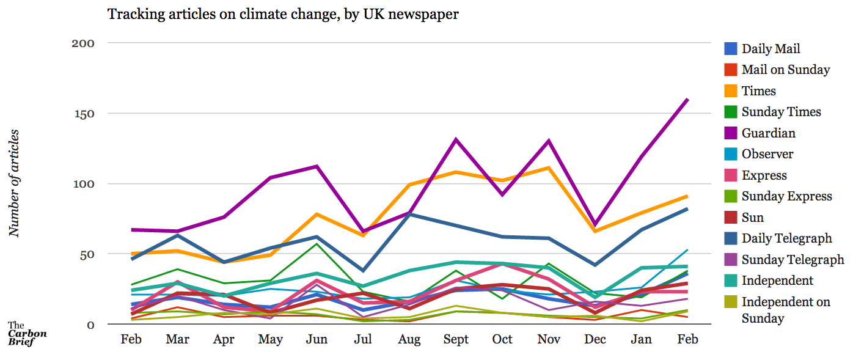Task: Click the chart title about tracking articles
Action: click(283, 13)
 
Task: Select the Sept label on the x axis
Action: click(456, 339)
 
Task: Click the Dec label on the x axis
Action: click(596, 339)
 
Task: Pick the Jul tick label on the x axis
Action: click(363, 339)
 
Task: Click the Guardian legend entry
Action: click(768, 133)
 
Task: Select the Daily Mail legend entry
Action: click(771, 49)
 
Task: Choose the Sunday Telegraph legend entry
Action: click(793, 260)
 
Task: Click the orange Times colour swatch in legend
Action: click(730, 91)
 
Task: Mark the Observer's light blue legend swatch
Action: click(730, 155)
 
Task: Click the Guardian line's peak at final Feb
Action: click(688, 99)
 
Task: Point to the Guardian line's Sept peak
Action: click(456, 139)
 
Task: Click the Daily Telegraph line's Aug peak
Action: click(409, 214)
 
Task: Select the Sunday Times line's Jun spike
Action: click(317, 244)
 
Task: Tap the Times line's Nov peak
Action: click(549, 167)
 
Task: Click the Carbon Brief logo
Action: click(27, 334)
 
